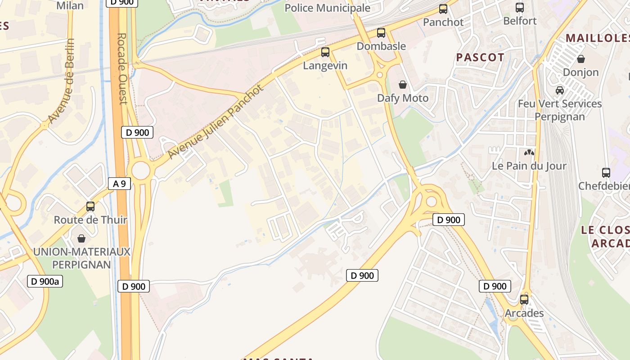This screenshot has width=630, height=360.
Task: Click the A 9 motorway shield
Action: pyautogui.click(x=119, y=183)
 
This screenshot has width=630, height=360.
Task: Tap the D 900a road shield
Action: pyautogui.click(x=45, y=282)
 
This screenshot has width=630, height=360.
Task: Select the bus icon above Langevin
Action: pyautogui.click(x=325, y=52)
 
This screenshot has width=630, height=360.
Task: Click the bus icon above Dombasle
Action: pyautogui.click(x=381, y=33)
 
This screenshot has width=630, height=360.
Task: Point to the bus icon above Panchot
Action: pyautogui.click(x=443, y=9)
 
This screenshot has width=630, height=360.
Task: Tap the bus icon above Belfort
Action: pyautogui.click(x=520, y=8)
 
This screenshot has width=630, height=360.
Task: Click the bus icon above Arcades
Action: pyautogui.click(x=524, y=299)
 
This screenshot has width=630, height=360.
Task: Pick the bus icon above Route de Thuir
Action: pyautogui.click(x=90, y=207)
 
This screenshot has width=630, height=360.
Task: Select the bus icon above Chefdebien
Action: pyautogui.click(x=606, y=172)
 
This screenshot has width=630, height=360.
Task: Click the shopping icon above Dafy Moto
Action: pyautogui.click(x=403, y=85)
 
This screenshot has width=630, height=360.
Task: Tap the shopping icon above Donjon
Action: pyautogui.click(x=581, y=59)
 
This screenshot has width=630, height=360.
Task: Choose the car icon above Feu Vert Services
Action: pyautogui.click(x=560, y=90)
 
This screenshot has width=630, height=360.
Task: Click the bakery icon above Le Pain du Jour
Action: pyautogui.click(x=529, y=153)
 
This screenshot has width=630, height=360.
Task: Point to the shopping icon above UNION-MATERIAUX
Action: pyautogui.click(x=81, y=238)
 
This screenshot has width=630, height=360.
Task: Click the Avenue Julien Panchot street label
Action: pyautogui.click(x=215, y=122)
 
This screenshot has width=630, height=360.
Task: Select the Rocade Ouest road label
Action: pyautogui.click(x=122, y=68)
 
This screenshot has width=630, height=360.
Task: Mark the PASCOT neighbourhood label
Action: pyautogui.click(x=480, y=58)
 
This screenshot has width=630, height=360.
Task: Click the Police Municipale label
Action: pyautogui.click(x=328, y=8)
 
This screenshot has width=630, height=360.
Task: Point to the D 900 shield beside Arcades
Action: pyautogui.click(x=495, y=286)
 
